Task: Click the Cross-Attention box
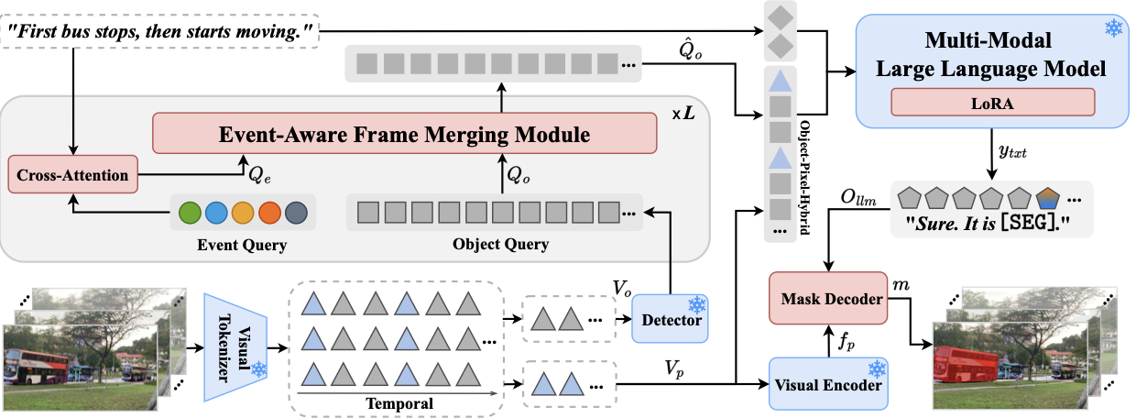click(x=73, y=174)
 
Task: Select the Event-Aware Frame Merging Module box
click(x=404, y=134)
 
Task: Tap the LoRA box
click(x=992, y=103)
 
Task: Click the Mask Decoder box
click(x=828, y=298)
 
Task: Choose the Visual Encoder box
click(x=828, y=384)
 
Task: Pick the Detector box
click(x=670, y=319)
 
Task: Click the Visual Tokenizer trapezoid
click(x=235, y=347)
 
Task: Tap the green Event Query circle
click(x=190, y=213)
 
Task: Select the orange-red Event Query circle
click(x=269, y=213)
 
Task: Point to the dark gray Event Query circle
click(x=296, y=213)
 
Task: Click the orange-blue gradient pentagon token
click(x=1048, y=198)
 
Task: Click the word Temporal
click(x=399, y=404)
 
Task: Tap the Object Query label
click(x=500, y=244)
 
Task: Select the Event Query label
click(x=242, y=245)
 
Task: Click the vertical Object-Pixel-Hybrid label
click(x=805, y=178)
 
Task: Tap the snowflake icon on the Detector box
click(x=697, y=305)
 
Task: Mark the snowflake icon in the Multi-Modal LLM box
click(x=1114, y=27)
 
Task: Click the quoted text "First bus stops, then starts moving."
click(x=160, y=31)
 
